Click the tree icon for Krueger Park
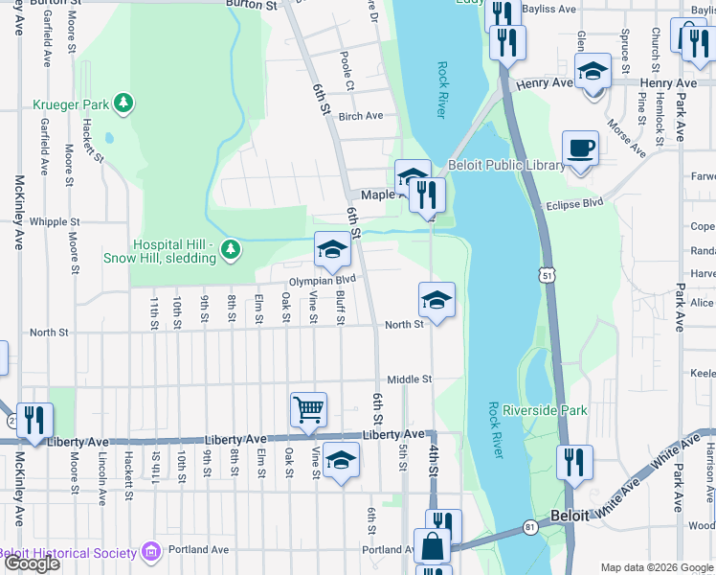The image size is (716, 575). (x=123, y=102)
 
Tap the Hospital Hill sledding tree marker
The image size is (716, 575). (x=230, y=250)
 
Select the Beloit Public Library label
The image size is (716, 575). (x=506, y=166)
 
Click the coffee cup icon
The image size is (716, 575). (x=580, y=149)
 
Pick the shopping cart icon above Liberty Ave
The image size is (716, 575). (x=309, y=410)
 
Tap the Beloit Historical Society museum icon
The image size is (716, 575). (x=149, y=552)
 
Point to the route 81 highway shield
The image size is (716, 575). (x=530, y=527)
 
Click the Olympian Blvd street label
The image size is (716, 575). (x=323, y=280)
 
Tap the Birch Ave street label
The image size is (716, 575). (x=361, y=116)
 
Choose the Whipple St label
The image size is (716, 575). (x=49, y=221)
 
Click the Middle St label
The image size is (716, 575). (x=410, y=379)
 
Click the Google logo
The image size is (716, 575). (x=32, y=563)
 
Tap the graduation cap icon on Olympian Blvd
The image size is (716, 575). (x=332, y=250)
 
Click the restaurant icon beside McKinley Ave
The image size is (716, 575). (x=34, y=420)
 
